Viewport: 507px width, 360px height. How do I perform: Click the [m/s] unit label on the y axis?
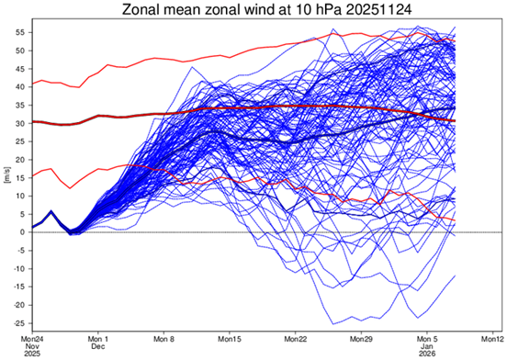point(6,177)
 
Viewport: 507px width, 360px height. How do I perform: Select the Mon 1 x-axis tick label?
point(98,337)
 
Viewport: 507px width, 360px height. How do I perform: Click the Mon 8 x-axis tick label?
point(164,337)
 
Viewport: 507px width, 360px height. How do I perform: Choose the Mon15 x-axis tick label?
point(230,337)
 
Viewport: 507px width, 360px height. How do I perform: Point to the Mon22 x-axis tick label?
point(295,337)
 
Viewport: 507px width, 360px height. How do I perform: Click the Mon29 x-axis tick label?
point(361,337)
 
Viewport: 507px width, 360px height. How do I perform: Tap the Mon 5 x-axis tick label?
point(427,337)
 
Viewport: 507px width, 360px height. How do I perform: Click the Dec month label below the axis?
point(98,347)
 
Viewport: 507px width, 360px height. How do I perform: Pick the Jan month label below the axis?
point(427,346)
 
